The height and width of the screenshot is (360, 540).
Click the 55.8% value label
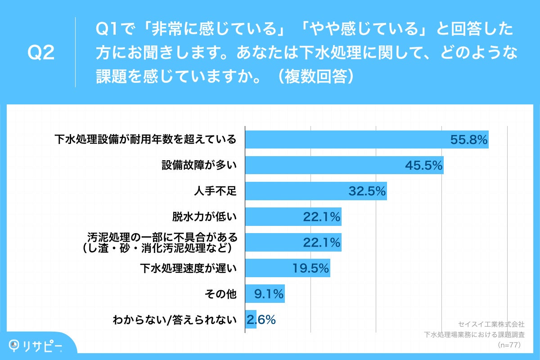pyautogui.click(x=469, y=140)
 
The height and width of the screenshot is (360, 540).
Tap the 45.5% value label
pyautogui.click(x=424, y=166)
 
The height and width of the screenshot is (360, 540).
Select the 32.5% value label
pyautogui.click(x=367, y=191)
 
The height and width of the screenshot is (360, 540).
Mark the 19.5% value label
pyautogui.click(x=311, y=269)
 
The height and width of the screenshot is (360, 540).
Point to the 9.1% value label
pyautogui.click(x=269, y=294)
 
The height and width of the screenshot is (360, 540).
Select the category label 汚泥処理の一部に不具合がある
pyautogui.click(x=162, y=237)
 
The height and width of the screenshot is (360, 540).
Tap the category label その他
pyautogui.click(x=220, y=294)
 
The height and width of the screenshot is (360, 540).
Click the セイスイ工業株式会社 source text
pyautogui.click(x=491, y=324)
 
